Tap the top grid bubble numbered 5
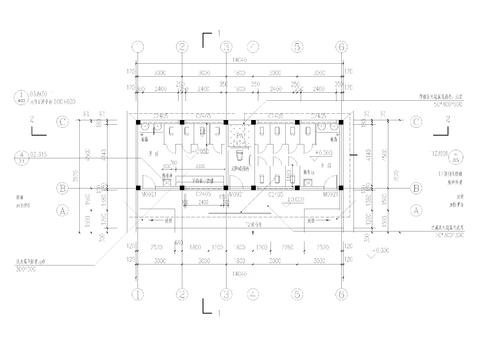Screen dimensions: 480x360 tap(297, 46)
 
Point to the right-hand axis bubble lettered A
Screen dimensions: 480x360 tap(416, 211)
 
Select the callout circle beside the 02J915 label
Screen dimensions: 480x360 tap(19, 155)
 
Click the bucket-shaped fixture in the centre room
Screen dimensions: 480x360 tap(241, 156)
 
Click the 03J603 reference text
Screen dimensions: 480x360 tap(40, 93)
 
